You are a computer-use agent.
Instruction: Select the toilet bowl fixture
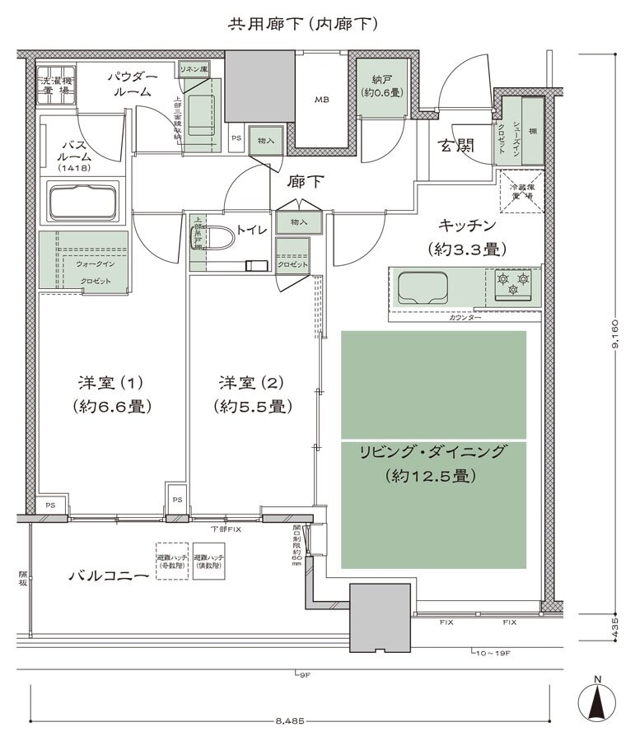coord(215,239)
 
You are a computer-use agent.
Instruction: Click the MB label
coord(320,100)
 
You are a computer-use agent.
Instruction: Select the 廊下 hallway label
coord(302,181)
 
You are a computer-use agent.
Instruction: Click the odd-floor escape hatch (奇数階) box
coord(172,562)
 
